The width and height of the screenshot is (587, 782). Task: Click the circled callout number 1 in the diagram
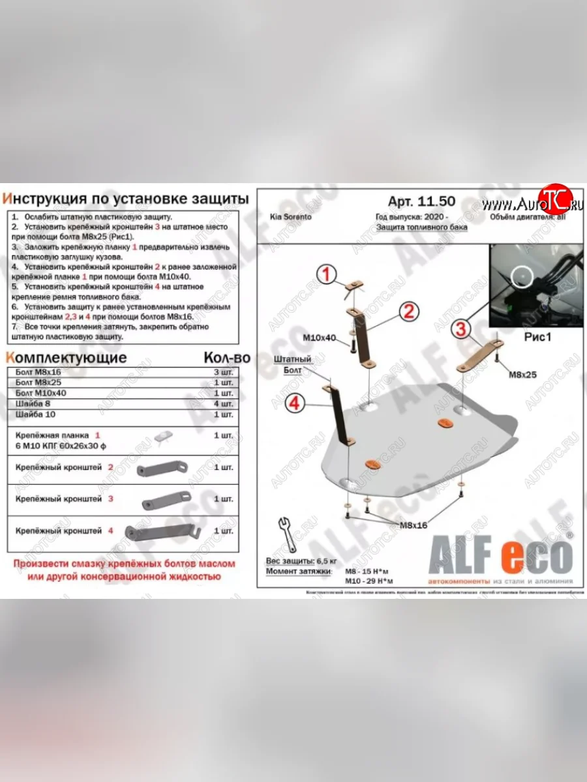[x=327, y=274]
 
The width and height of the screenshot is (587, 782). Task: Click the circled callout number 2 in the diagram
[x=408, y=312]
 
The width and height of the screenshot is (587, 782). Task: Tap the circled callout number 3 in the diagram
[x=461, y=329]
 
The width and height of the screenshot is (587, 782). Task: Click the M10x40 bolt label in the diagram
[x=319, y=338]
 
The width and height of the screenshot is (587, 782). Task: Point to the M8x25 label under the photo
[x=522, y=375]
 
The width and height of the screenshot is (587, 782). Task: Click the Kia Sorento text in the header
[x=288, y=217]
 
